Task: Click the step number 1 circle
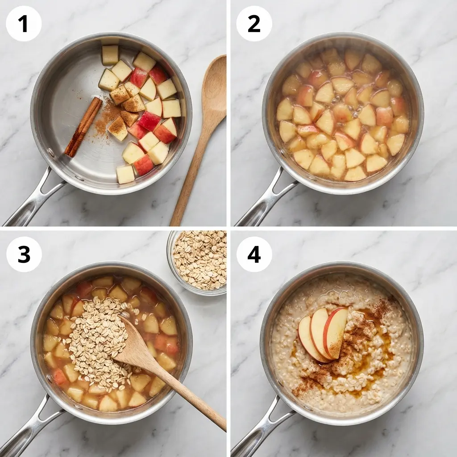[24, 24]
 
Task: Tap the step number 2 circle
[254, 24]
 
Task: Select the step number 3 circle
[24, 254]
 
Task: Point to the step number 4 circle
[254, 254]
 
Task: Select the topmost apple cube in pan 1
[110, 54]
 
